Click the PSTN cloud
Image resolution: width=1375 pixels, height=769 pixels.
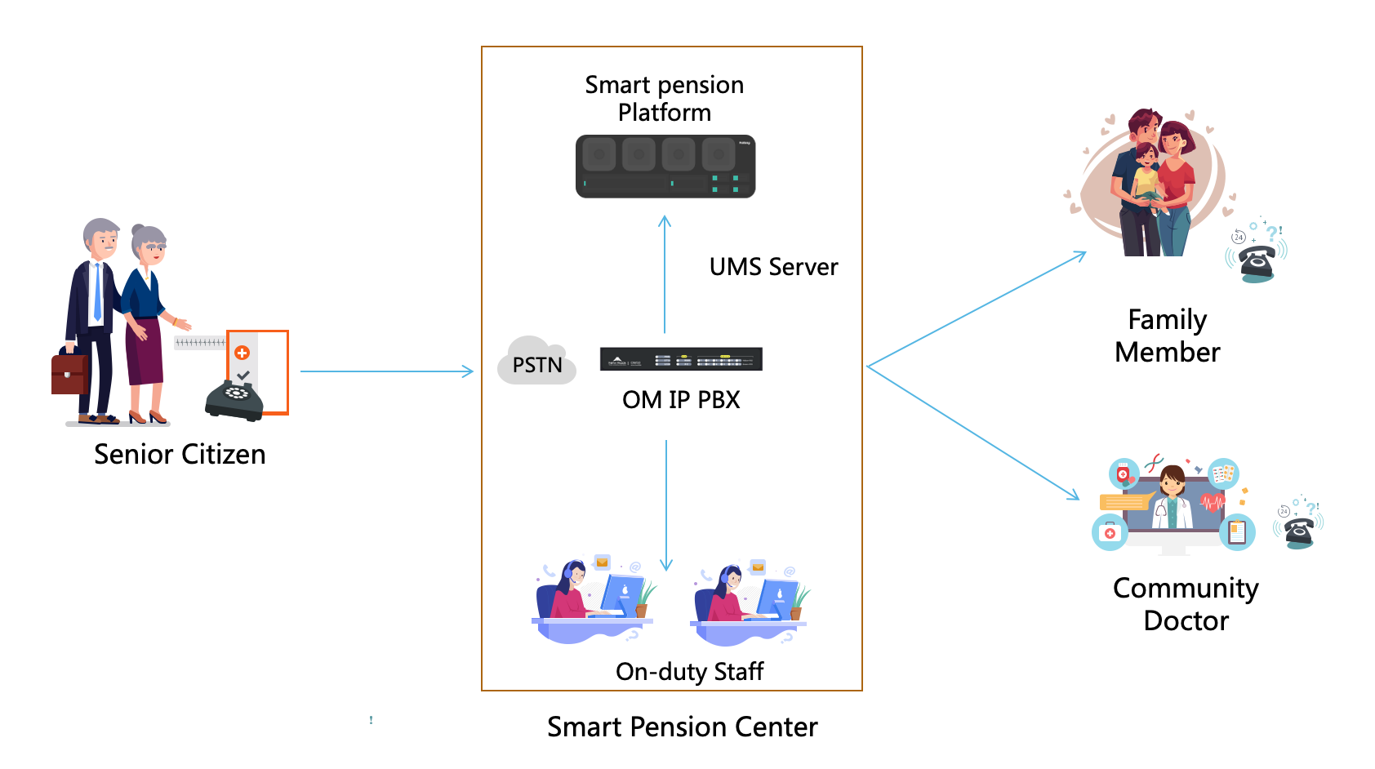click(x=536, y=362)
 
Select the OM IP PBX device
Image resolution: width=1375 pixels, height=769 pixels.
click(x=681, y=359)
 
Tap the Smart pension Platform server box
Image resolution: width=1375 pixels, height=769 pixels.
click(x=665, y=167)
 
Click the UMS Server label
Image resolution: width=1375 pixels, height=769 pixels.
click(x=773, y=267)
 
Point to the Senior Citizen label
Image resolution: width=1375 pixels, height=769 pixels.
click(x=180, y=454)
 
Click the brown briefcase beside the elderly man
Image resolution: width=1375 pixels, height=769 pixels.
click(x=69, y=374)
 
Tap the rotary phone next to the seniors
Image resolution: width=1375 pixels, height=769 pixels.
click(x=234, y=398)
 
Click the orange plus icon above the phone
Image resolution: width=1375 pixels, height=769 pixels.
click(x=242, y=353)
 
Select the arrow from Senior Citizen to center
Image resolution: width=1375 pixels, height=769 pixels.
click(x=386, y=371)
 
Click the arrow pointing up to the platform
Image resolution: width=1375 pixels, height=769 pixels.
click(x=665, y=273)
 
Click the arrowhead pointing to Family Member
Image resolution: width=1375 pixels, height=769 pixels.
click(x=1081, y=255)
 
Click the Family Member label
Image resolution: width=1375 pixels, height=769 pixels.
click(x=1167, y=336)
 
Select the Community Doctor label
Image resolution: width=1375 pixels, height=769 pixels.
click(x=1186, y=604)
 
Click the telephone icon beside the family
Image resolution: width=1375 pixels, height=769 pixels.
click(x=1257, y=260)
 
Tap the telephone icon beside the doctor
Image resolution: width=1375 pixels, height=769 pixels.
click(x=1298, y=531)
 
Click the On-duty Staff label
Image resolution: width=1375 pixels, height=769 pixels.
click(x=689, y=671)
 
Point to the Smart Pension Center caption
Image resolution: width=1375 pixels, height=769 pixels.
click(x=682, y=727)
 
